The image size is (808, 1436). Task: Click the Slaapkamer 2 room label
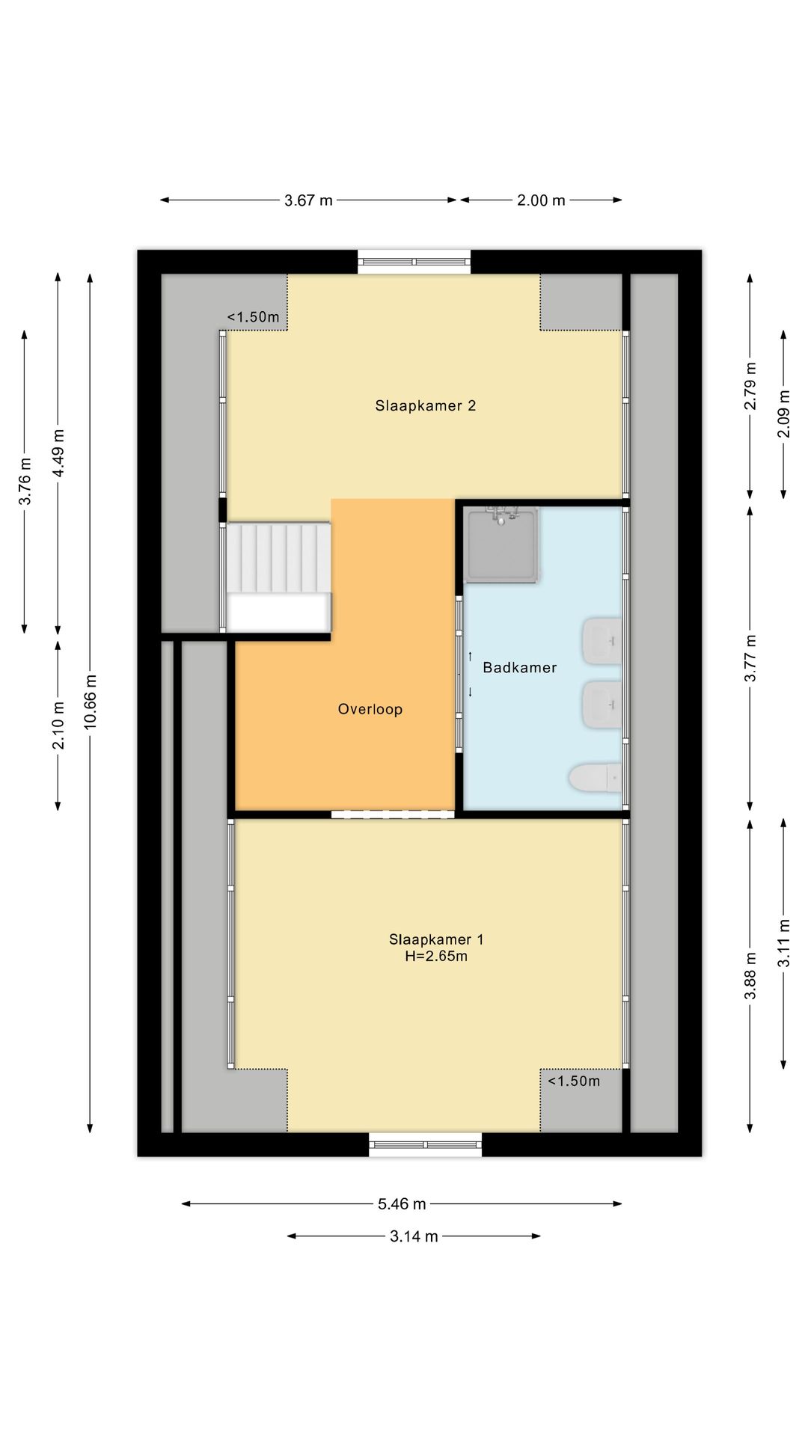click(426, 406)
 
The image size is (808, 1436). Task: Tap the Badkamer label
click(520, 668)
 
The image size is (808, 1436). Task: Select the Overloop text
click(370, 710)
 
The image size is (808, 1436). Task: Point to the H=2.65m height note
click(436, 957)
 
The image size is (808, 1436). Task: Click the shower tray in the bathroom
click(501, 544)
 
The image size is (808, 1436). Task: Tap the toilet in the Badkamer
click(596, 779)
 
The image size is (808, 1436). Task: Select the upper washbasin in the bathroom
click(602, 641)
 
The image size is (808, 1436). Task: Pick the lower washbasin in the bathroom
click(602, 704)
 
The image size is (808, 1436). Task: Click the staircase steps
click(278, 558)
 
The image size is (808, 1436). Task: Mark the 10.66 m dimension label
click(91, 702)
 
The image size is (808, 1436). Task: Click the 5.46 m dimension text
click(402, 1204)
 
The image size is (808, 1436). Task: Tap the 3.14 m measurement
click(414, 1236)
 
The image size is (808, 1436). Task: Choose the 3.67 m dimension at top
click(308, 200)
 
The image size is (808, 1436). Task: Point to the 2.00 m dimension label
click(541, 200)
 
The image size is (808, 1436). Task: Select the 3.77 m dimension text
click(750, 658)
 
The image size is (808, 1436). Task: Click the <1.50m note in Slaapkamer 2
click(254, 317)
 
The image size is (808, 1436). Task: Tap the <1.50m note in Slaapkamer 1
click(574, 1081)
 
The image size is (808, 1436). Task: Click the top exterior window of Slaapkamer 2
click(414, 262)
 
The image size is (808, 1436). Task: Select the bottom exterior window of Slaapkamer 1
click(426, 1144)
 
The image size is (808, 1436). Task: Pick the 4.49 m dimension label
click(59, 453)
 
